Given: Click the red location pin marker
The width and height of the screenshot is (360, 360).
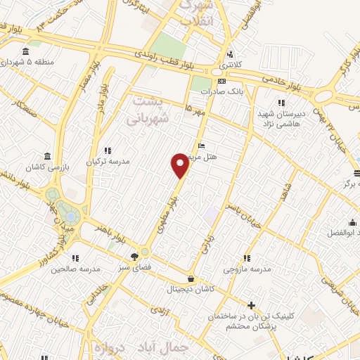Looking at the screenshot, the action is pyautogui.click(x=181, y=165).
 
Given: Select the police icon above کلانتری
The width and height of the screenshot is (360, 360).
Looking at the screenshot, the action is pyautogui.click(x=230, y=55).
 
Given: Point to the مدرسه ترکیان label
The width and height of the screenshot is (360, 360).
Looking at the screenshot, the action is pyautogui.click(x=108, y=161).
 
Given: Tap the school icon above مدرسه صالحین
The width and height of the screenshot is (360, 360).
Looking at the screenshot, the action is pyautogui.click(x=75, y=257).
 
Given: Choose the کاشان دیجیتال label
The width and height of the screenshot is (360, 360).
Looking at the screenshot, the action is pyautogui.click(x=191, y=289).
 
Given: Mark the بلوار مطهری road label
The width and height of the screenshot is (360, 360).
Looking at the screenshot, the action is pyautogui.click(x=166, y=204).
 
